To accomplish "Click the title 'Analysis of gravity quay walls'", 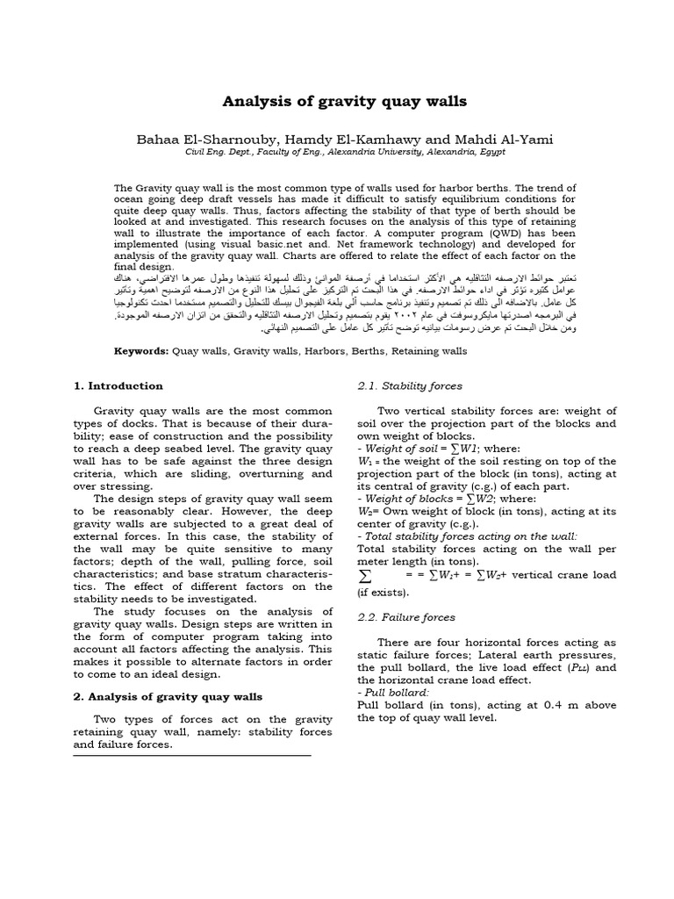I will (336, 102).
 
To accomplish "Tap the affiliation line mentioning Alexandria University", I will (336, 152).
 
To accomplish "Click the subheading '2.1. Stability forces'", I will (410, 385).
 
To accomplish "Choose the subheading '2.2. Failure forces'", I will (406, 617).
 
